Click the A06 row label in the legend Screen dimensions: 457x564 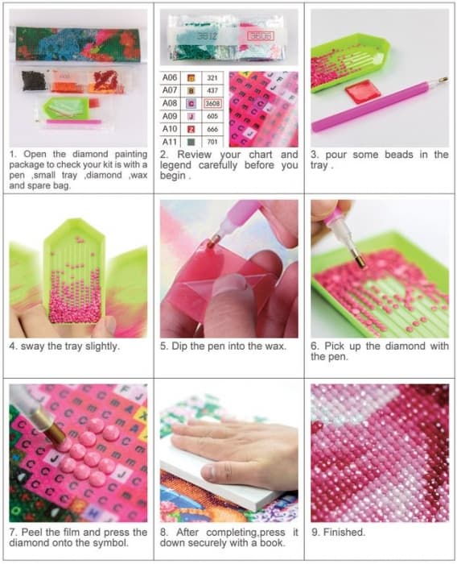170,77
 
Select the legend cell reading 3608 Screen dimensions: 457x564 212,104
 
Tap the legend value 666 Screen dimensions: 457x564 212,129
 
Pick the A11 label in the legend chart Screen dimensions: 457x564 170,142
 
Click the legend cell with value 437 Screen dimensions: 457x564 212,90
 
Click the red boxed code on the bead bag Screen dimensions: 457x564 261,35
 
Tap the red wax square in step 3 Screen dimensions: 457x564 363,91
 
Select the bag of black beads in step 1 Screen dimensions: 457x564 35,81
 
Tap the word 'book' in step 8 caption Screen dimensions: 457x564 272,542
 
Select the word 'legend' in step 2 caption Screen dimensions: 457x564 175,165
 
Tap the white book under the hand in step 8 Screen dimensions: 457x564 230,479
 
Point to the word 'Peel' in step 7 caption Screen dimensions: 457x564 33,532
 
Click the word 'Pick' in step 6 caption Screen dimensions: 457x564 334,346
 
